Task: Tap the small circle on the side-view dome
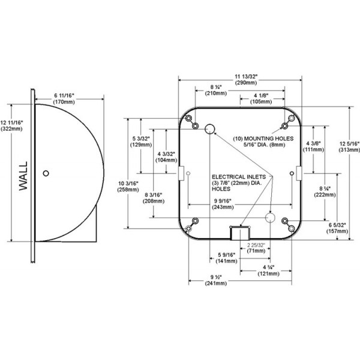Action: click(46, 174)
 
